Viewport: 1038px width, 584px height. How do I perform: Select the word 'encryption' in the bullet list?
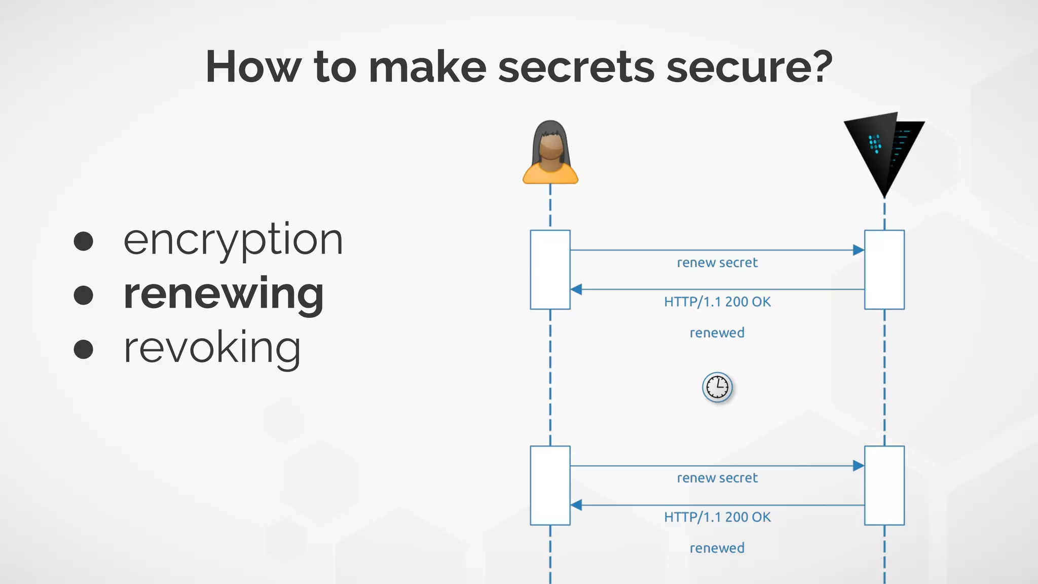coord(233,240)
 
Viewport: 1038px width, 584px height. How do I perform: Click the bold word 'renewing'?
coord(224,294)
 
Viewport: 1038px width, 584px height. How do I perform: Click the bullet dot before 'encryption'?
coord(84,241)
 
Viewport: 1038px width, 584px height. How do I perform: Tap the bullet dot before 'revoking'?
coord(84,349)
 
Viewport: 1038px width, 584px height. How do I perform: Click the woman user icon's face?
coord(550,148)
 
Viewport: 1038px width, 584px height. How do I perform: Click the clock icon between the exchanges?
coord(717,387)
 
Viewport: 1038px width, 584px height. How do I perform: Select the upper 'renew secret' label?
coord(717,263)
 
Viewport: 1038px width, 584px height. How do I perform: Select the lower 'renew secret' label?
coord(717,478)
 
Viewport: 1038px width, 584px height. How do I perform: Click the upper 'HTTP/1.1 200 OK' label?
coord(717,302)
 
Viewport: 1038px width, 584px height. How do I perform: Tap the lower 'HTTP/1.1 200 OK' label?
coord(717,518)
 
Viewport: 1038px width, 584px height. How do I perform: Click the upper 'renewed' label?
coord(717,333)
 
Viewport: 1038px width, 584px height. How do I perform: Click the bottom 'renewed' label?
coord(717,549)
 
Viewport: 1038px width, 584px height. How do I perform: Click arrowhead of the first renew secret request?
coord(859,250)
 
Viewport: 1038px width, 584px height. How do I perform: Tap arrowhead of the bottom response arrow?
coord(576,505)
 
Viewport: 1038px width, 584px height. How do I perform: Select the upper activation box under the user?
coord(550,270)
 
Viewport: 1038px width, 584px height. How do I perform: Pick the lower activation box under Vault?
coord(884,485)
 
